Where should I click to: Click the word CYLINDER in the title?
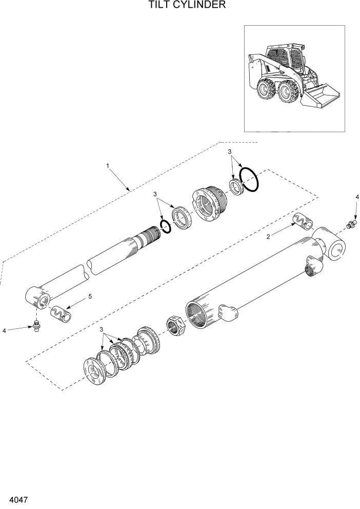pos(197,6)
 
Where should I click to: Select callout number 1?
pos(108,166)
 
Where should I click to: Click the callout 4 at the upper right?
pos(357,197)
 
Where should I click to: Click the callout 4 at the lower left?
pos(4,331)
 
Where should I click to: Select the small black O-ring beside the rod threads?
pos(165,226)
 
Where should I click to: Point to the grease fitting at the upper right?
pos(351,224)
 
